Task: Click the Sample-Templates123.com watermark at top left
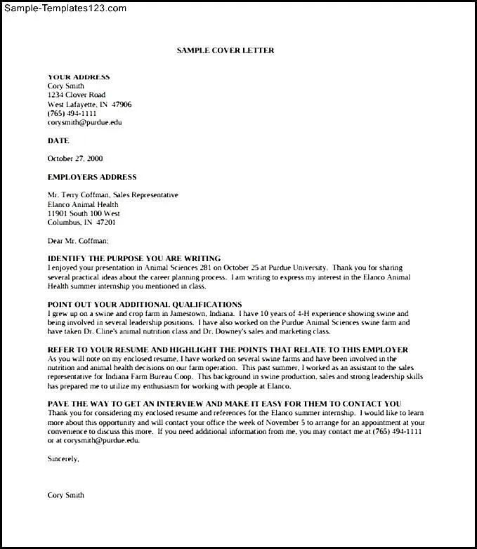(x=64, y=8)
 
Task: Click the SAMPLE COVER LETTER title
(x=225, y=51)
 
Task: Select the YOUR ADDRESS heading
(x=78, y=77)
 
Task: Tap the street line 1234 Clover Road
(x=76, y=95)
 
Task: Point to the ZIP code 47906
(x=121, y=104)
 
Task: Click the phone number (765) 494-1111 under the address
(x=72, y=113)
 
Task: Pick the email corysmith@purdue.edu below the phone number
(x=84, y=122)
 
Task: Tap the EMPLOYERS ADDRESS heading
(x=92, y=177)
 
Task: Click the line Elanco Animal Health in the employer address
(x=82, y=204)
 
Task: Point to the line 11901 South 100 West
(x=84, y=213)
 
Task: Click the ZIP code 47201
(x=105, y=223)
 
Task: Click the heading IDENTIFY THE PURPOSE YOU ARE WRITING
(x=134, y=258)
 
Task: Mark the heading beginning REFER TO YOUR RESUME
(x=228, y=350)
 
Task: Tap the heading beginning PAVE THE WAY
(x=224, y=404)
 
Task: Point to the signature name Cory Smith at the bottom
(x=65, y=495)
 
